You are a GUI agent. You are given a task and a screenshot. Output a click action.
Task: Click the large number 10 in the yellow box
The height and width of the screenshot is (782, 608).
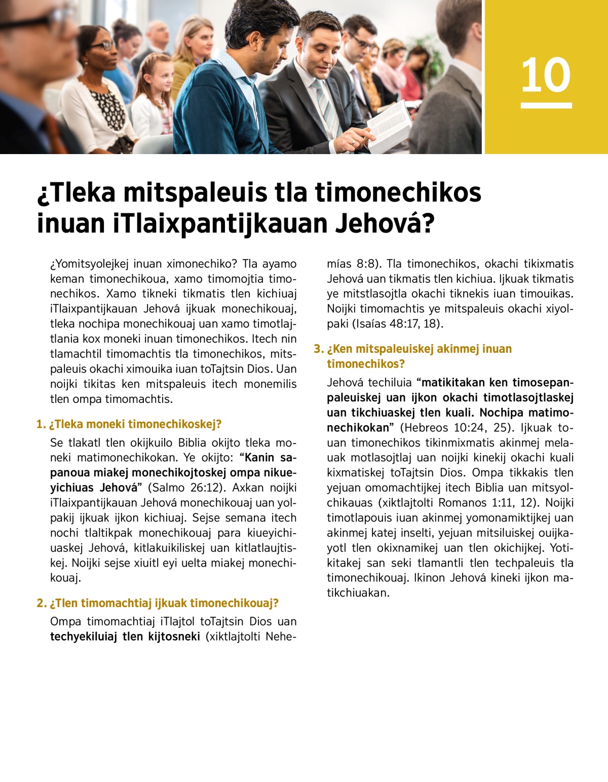tap(546, 75)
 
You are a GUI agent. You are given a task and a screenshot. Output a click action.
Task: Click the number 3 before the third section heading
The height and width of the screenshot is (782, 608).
tap(318, 349)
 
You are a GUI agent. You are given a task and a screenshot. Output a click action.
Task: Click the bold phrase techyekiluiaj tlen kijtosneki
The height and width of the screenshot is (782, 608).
tap(125, 637)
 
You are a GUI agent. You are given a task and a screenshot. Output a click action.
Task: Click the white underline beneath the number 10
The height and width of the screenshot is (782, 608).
tap(546, 105)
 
